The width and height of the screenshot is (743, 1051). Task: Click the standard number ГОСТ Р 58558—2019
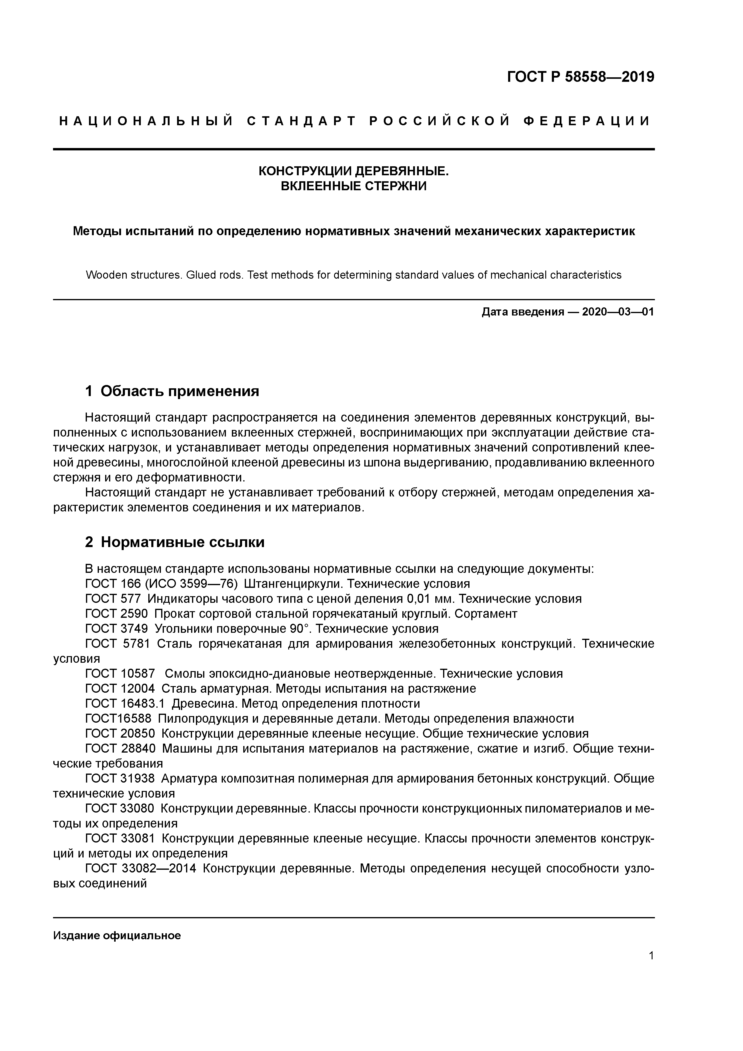581,77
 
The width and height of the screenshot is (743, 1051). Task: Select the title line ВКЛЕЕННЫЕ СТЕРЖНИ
354,186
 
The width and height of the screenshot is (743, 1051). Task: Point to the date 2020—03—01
618,312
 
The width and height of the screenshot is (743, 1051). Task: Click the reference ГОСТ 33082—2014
141,868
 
